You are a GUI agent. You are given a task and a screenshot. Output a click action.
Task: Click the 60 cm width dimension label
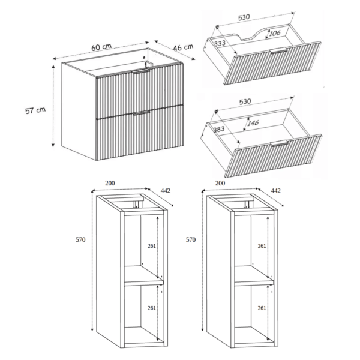click(101, 47)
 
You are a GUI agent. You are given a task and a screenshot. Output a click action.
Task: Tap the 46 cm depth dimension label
click(183, 47)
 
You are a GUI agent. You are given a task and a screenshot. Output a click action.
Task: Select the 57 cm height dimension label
click(35, 110)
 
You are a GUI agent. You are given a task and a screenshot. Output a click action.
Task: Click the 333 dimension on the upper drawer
click(220, 43)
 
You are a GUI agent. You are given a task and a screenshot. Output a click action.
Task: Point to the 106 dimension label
click(275, 33)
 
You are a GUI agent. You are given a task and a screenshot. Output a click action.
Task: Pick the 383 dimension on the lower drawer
click(219, 129)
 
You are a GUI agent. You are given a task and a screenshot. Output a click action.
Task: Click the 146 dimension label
click(253, 123)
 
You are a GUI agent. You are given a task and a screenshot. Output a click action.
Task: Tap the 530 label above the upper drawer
click(244, 17)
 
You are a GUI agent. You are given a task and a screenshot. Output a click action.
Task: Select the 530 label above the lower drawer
click(245, 102)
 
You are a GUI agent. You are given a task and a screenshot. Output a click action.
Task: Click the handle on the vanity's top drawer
click(141, 71)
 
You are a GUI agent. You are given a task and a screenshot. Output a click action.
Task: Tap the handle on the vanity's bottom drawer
click(142, 113)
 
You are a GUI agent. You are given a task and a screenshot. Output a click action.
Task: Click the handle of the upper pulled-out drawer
click(279, 50)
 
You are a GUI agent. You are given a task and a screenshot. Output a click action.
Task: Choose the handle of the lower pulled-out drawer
click(279, 143)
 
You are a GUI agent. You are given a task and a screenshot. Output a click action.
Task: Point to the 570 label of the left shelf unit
click(80, 239)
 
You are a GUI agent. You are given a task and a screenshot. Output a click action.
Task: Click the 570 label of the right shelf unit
click(191, 239)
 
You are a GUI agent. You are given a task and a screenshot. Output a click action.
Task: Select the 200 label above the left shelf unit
click(110, 183)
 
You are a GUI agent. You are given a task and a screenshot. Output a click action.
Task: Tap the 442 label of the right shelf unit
click(276, 191)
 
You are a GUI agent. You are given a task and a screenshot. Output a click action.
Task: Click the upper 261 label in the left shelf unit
click(152, 246)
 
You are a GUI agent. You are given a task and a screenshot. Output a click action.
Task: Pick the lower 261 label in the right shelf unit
click(262, 308)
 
